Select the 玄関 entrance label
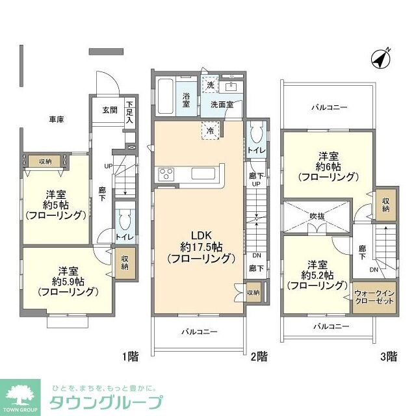109,110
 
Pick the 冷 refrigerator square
211,129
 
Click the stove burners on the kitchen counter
164,174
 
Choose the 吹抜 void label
318,216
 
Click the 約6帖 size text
328,166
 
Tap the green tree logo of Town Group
21,393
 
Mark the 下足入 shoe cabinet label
129,112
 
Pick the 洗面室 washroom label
222,104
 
